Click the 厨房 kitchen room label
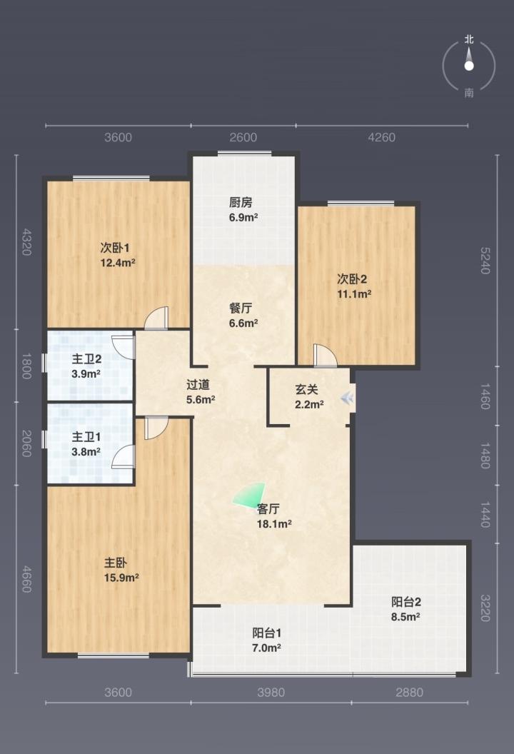pyautogui.click(x=241, y=202)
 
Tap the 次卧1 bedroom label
pyautogui.click(x=115, y=248)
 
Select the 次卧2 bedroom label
pyautogui.click(x=352, y=279)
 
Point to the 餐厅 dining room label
pyautogui.click(x=241, y=308)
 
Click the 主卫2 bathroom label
pyautogui.click(x=86, y=358)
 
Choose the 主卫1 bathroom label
pyautogui.click(x=86, y=437)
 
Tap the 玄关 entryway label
pyautogui.click(x=307, y=390)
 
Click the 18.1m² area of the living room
pyautogui.click(x=274, y=523)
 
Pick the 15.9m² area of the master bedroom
pyautogui.click(x=121, y=578)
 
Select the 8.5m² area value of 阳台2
pyautogui.click(x=405, y=616)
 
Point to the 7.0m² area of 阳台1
pyautogui.click(x=266, y=648)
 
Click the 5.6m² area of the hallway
pyautogui.click(x=201, y=399)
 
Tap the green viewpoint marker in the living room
pyautogui.click(x=251, y=494)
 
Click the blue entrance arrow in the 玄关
pyautogui.click(x=347, y=398)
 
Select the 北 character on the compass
pyautogui.click(x=469, y=39)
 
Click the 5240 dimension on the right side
pyautogui.click(x=485, y=261)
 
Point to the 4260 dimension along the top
pyautogui.click(x=381, y=138)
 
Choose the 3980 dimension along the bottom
pyautogui.click(x=271, y=693)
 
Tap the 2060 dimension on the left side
pyautogui.click(x=26, y=443)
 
